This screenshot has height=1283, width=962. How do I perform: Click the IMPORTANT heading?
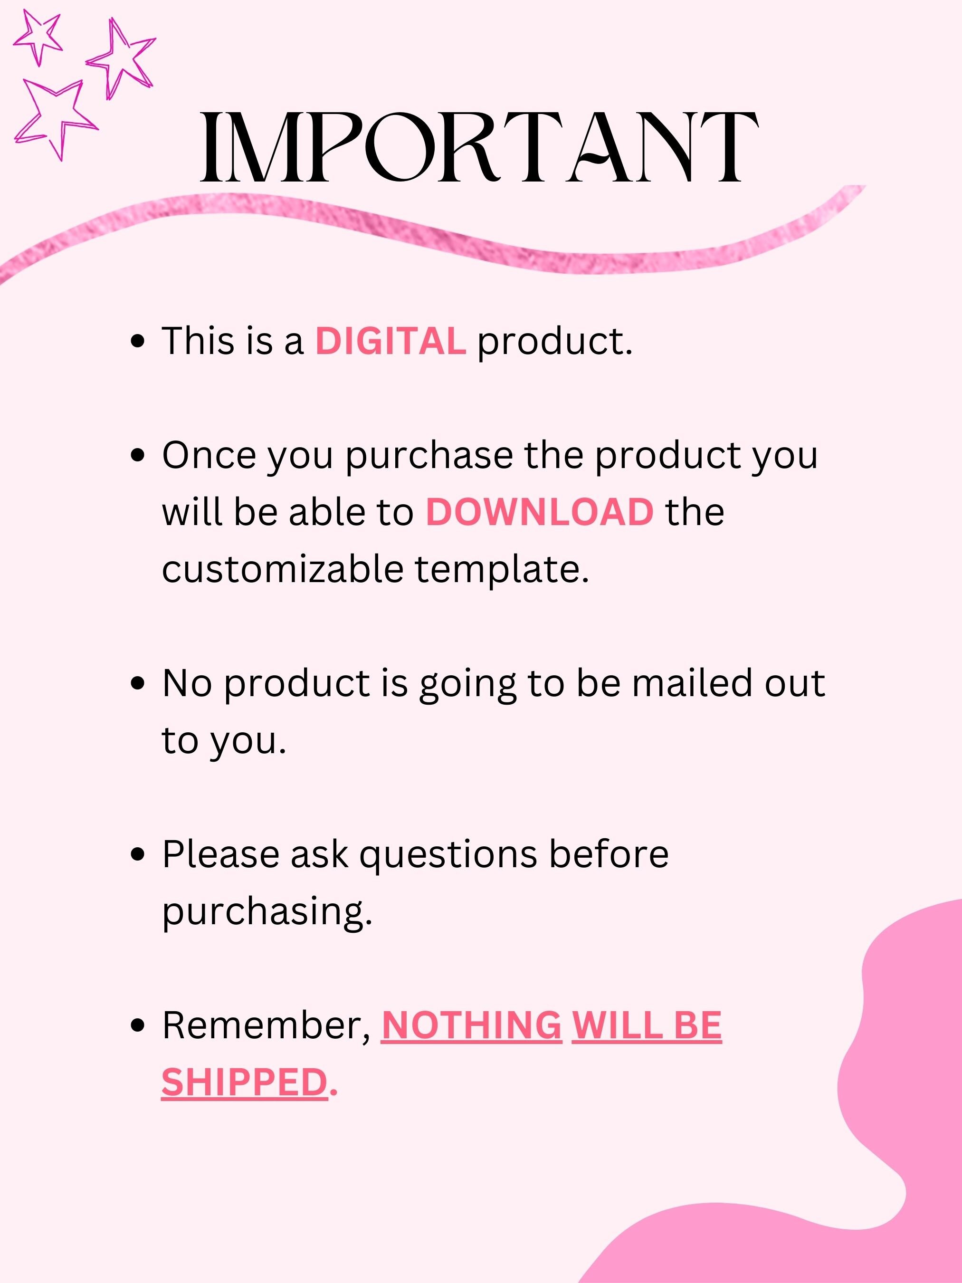point(479,148)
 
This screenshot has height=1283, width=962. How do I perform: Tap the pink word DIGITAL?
point(390,341)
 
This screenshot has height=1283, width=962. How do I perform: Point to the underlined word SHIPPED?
point(245,1082)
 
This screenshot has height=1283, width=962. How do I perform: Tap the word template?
point(502,570)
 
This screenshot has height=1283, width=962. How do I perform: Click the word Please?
point(221,854)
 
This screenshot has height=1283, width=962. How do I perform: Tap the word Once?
point(209,455)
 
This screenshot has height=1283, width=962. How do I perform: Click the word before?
point(609,854)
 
